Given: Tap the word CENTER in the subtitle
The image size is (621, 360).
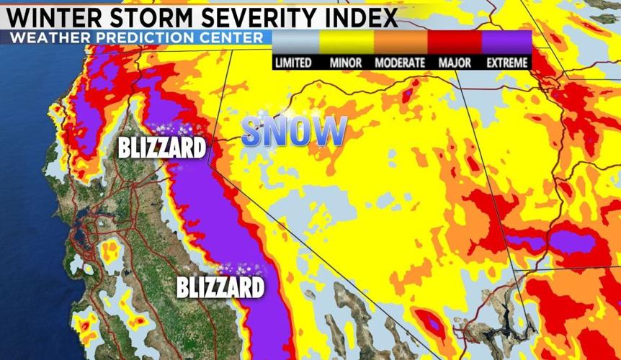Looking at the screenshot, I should pos(237,37).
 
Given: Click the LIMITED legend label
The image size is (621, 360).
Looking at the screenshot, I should pos(293,63).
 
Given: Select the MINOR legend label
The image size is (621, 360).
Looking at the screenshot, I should pos(346,63).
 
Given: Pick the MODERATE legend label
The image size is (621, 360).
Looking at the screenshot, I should pos(400,63).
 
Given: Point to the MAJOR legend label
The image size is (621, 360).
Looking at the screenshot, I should pos(455,63).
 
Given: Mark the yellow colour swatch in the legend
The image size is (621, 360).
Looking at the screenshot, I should pos(347,43).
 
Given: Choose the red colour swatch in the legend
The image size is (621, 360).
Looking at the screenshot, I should pos(454,43).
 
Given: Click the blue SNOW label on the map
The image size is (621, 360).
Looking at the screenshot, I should pos(294,131).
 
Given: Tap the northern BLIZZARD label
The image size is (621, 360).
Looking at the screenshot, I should pos(161,149).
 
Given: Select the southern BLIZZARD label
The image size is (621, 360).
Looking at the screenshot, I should pos(220,288).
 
